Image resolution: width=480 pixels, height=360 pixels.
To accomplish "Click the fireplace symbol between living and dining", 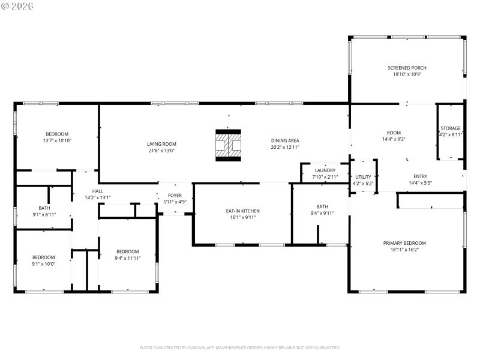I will [x=228, y=145].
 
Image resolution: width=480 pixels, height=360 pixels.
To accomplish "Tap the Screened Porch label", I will [x=407, y=68].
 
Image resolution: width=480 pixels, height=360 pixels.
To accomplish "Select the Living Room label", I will [x=161, y=144].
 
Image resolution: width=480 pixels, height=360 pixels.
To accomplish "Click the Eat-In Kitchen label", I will [x=242, y=211].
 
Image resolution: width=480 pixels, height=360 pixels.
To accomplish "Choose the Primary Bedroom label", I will [x=405, y=243].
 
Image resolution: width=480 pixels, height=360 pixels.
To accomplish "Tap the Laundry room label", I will [x=326, y=170].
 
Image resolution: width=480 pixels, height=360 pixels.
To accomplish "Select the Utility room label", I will [x=363, y=177].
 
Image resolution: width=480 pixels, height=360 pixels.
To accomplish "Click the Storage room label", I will [x=450, y=128].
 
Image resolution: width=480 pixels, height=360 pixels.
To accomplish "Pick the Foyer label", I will [x=175, y=195].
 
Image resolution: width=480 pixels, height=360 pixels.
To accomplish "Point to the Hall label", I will [x=98, y=191].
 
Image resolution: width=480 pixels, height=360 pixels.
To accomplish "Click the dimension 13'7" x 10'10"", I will [x=57, y=140].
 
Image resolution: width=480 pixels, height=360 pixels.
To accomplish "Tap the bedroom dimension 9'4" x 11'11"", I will [x=127, y=258].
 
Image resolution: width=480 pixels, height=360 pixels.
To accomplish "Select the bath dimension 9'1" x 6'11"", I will [x=43, y=214].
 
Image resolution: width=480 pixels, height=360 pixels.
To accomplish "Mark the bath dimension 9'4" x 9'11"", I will [x=322, y=213].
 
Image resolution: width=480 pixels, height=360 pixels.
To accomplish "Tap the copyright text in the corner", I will [x=17, y=5].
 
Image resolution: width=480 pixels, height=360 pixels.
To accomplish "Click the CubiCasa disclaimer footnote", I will [x=240, y=347].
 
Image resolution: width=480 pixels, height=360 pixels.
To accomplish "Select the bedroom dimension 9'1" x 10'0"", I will [x=43, y=263].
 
